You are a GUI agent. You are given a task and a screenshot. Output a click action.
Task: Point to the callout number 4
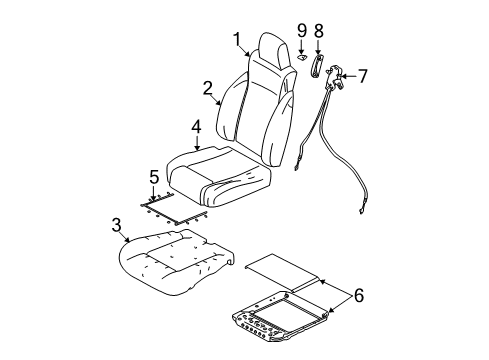click(197, 127)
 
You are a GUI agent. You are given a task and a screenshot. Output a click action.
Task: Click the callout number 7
click(363, 74)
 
